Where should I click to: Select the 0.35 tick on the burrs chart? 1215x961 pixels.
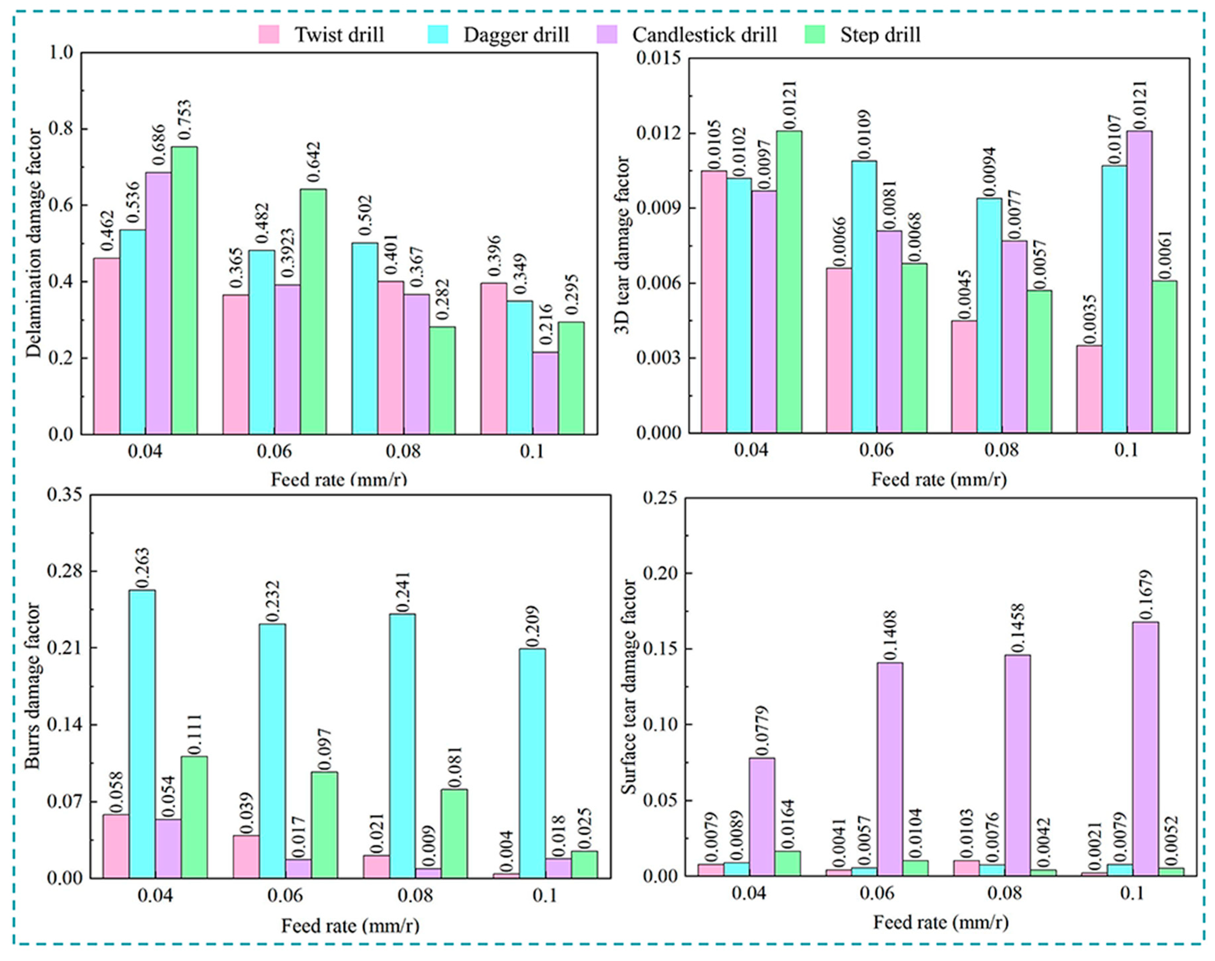64,495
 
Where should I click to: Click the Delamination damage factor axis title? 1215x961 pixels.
35,243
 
